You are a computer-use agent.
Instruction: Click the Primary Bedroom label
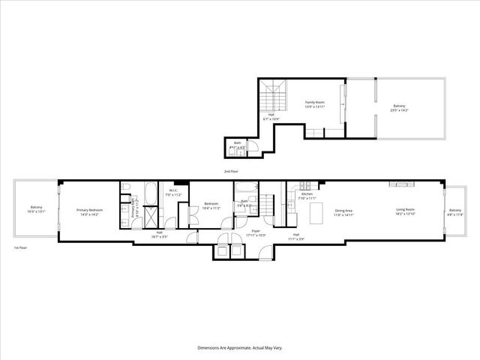[89, 211]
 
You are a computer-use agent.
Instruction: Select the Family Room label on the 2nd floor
[313, 104]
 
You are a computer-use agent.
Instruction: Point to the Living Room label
[407, 211]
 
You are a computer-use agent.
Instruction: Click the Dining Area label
[343, 212]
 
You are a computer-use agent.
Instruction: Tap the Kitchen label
[307, 196]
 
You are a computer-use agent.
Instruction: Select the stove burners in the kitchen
[306, 184]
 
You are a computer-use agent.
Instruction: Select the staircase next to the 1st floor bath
[268, 203]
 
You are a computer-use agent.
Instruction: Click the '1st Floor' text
[20, 247]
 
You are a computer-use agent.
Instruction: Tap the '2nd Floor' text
[232, 172]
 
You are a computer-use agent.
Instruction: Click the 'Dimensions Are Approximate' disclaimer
[240, 347]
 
